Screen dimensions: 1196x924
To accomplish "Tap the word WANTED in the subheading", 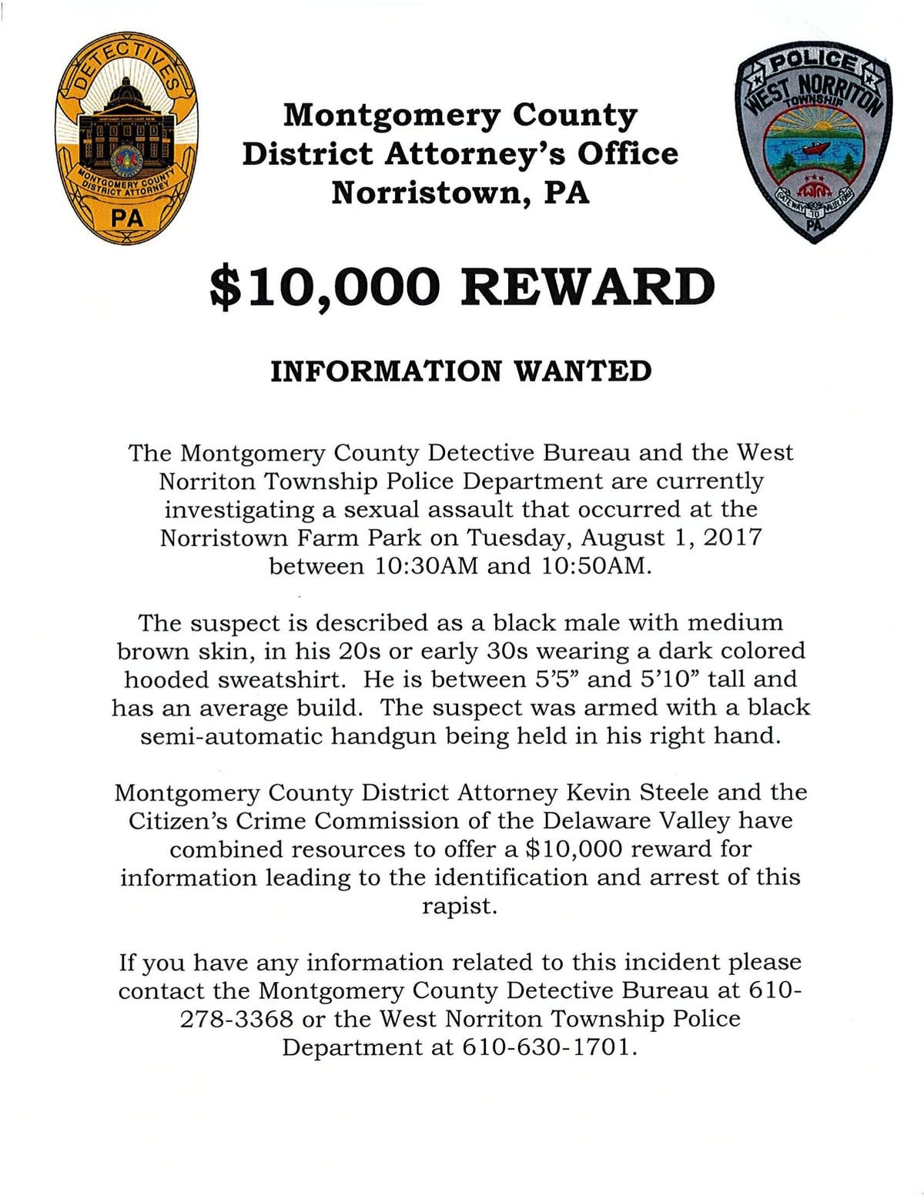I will point(582,371).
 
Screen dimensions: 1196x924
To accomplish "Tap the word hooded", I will point(166,679).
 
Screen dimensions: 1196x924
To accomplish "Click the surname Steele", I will point(677,792).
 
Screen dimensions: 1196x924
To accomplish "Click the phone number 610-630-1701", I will point(550,1048).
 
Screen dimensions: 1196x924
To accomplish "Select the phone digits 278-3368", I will point(236,1020).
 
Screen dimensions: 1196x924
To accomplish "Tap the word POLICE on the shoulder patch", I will point(814,63).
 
